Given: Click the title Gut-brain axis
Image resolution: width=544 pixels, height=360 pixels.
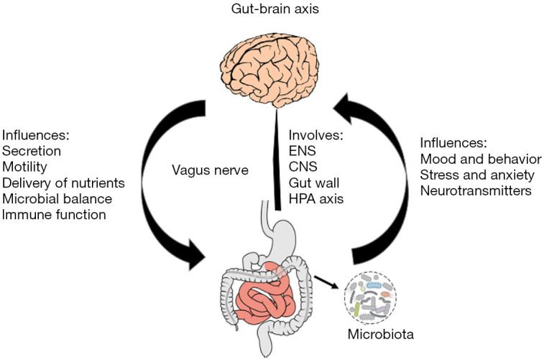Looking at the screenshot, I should (x=272, y=10).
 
